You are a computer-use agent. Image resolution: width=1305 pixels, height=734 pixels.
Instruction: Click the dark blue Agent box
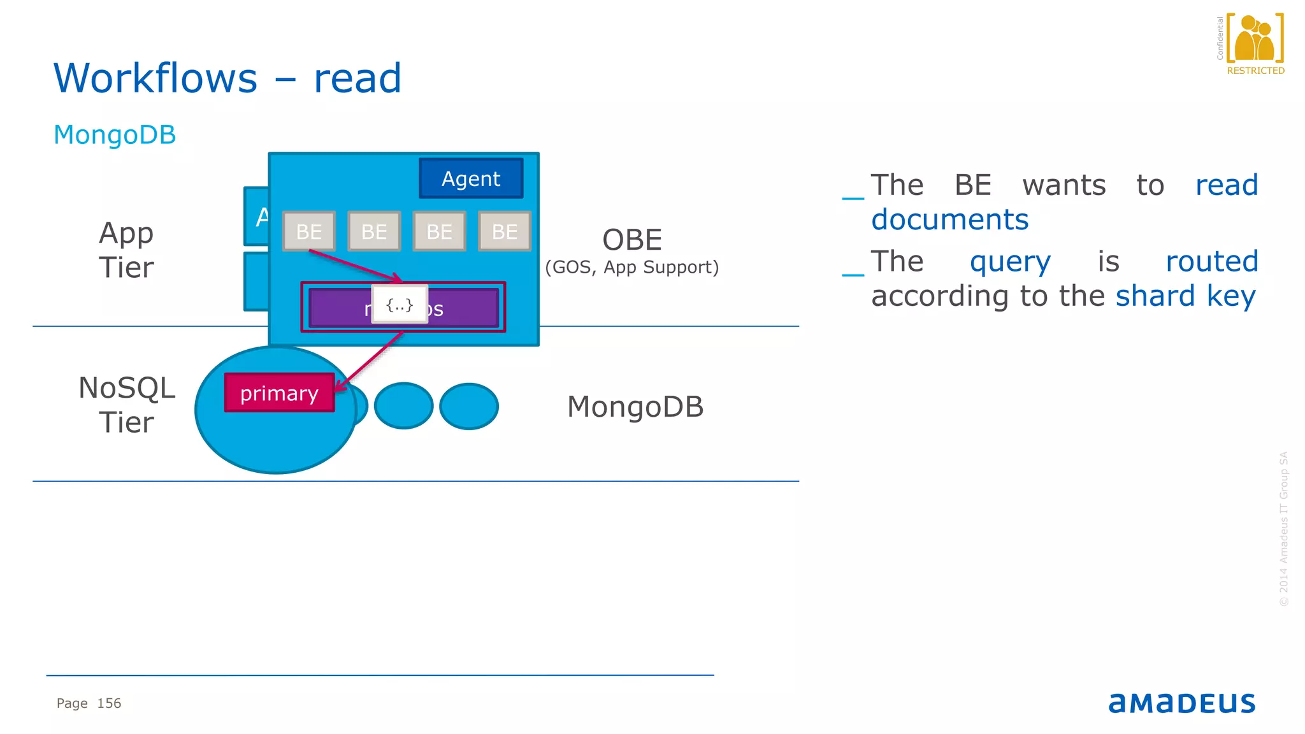coord(471,179)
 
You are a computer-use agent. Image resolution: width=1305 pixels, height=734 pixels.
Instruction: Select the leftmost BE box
coord(309,231)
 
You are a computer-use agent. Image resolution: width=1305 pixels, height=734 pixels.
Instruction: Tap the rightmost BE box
coord(504,231)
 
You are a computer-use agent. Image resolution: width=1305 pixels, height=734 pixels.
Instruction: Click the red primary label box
coord(279,393)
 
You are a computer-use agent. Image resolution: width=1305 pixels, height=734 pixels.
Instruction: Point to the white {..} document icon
coord(400,305)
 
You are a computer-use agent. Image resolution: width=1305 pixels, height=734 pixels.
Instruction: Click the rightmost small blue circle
coord(469,406)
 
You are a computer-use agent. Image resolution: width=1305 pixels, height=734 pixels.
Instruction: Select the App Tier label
coord(126,250)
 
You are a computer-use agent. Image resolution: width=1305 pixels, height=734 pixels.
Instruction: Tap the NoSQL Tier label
coord(126,405)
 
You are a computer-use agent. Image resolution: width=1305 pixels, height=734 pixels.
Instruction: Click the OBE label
coord(632,240)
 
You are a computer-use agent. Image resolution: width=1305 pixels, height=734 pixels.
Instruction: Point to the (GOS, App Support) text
coord(631,267)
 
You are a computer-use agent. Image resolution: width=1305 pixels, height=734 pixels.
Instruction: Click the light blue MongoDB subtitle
coord(115,135)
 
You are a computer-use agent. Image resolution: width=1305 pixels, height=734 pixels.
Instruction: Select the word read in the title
coord(357,79)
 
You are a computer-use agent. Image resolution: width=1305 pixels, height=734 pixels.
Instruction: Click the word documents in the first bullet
coord(949,220)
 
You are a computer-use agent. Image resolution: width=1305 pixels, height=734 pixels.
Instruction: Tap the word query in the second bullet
coord(1010,262)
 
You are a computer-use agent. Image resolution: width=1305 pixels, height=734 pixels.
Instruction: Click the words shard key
coord(1185,296)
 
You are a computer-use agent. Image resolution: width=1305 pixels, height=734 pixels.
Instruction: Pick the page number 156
coord(109,703)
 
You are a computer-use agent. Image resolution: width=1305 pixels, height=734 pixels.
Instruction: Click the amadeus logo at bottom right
coord(1182,703)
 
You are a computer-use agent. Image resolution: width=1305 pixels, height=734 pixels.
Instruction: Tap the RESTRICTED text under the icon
coord(1255,71)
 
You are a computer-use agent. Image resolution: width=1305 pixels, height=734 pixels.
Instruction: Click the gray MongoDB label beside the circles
coord(635,407)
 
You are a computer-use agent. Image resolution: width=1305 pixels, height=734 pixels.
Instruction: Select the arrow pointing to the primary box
coord(368,362)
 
